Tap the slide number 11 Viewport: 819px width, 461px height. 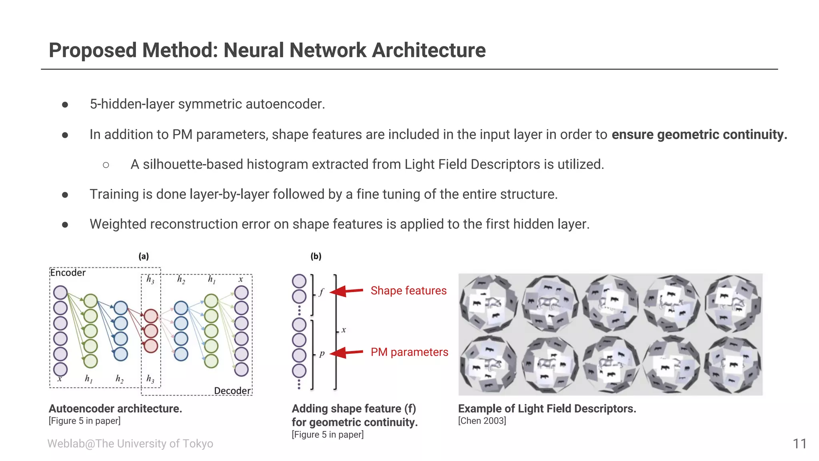(799, 443)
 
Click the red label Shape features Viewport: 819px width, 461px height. (408, 291)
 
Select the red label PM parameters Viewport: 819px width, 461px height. (409, 352)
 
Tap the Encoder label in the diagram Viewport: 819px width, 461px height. (68, 273)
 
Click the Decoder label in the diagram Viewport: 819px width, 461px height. (232, 391)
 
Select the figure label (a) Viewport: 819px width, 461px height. (144, 257)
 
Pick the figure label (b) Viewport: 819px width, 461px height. (316, 257)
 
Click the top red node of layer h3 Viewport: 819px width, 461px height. (151, 316)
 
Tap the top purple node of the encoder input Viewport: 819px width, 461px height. (60, 293)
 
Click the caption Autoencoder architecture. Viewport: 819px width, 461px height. (115, 409)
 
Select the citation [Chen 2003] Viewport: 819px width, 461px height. (482, 421)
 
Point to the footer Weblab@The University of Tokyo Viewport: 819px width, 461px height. (130, 443)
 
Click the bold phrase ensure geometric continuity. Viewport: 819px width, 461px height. (699, 134)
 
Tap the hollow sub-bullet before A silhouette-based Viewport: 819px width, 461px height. (106, 165)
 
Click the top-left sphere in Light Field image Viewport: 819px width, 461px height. (488, 303)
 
